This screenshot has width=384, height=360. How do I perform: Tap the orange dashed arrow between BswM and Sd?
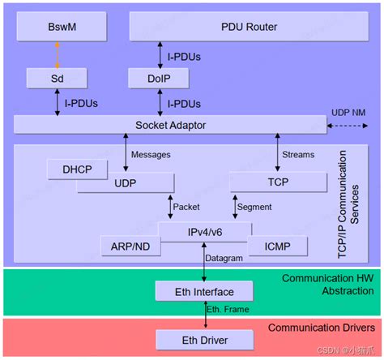(x=57, y=54)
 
